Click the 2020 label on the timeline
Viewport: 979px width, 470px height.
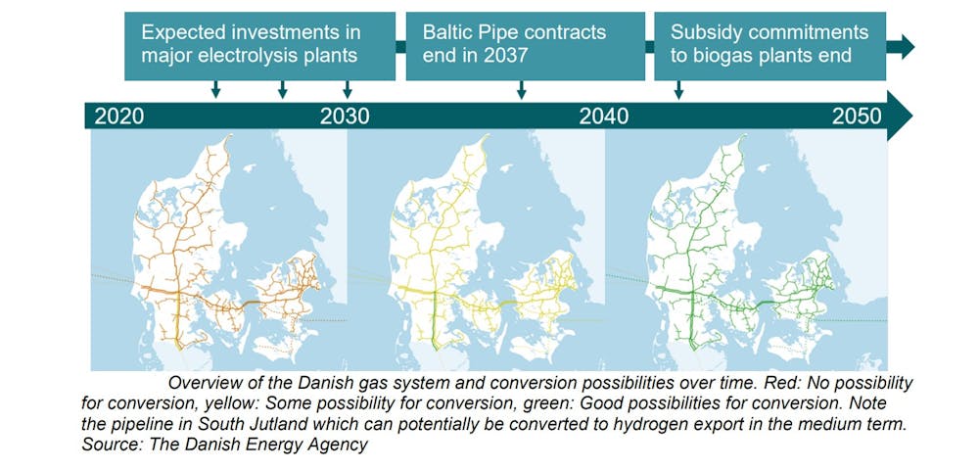(x=119, y=117)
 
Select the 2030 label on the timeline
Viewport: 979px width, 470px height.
(x=345, y=117)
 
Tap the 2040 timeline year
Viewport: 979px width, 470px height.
(x=604, y=117)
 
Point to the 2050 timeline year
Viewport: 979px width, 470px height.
(x=857, y=117)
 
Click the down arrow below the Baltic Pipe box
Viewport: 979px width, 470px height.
(x=522, y=90)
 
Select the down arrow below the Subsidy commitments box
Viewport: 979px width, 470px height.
(x=678, y=90)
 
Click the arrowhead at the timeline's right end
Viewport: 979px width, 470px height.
(x=900, y=117)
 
